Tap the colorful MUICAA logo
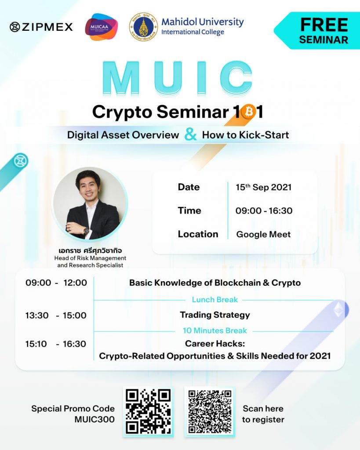101,27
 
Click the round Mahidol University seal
144,27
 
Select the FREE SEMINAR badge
317,31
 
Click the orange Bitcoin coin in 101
249,111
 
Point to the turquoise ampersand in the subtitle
191,134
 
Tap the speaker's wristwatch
86,230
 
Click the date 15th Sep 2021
264,187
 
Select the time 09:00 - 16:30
264,211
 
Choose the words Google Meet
263,235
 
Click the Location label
198,234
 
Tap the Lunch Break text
215,300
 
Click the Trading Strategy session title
215,315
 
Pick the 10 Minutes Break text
215,330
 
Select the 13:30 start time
37,316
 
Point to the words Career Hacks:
215,344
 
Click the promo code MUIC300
95,419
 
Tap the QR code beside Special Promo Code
148,411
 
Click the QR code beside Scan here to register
210,411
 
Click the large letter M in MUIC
121,78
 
